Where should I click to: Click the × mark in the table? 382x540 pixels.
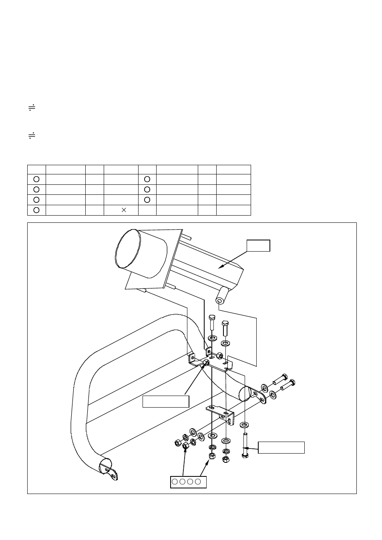124,210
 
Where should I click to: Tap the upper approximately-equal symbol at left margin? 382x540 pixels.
32,108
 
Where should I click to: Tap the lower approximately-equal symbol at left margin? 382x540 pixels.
32,136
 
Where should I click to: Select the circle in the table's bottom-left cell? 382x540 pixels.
36,210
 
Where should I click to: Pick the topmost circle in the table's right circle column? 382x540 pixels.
147,179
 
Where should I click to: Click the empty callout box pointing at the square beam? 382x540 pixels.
258,246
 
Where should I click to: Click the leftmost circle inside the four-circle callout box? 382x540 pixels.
175,482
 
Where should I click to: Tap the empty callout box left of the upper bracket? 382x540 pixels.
166,402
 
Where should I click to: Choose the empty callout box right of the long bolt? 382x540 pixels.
281,448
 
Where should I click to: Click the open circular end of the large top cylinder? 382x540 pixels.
128,249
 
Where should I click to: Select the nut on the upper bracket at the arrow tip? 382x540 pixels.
206,363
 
